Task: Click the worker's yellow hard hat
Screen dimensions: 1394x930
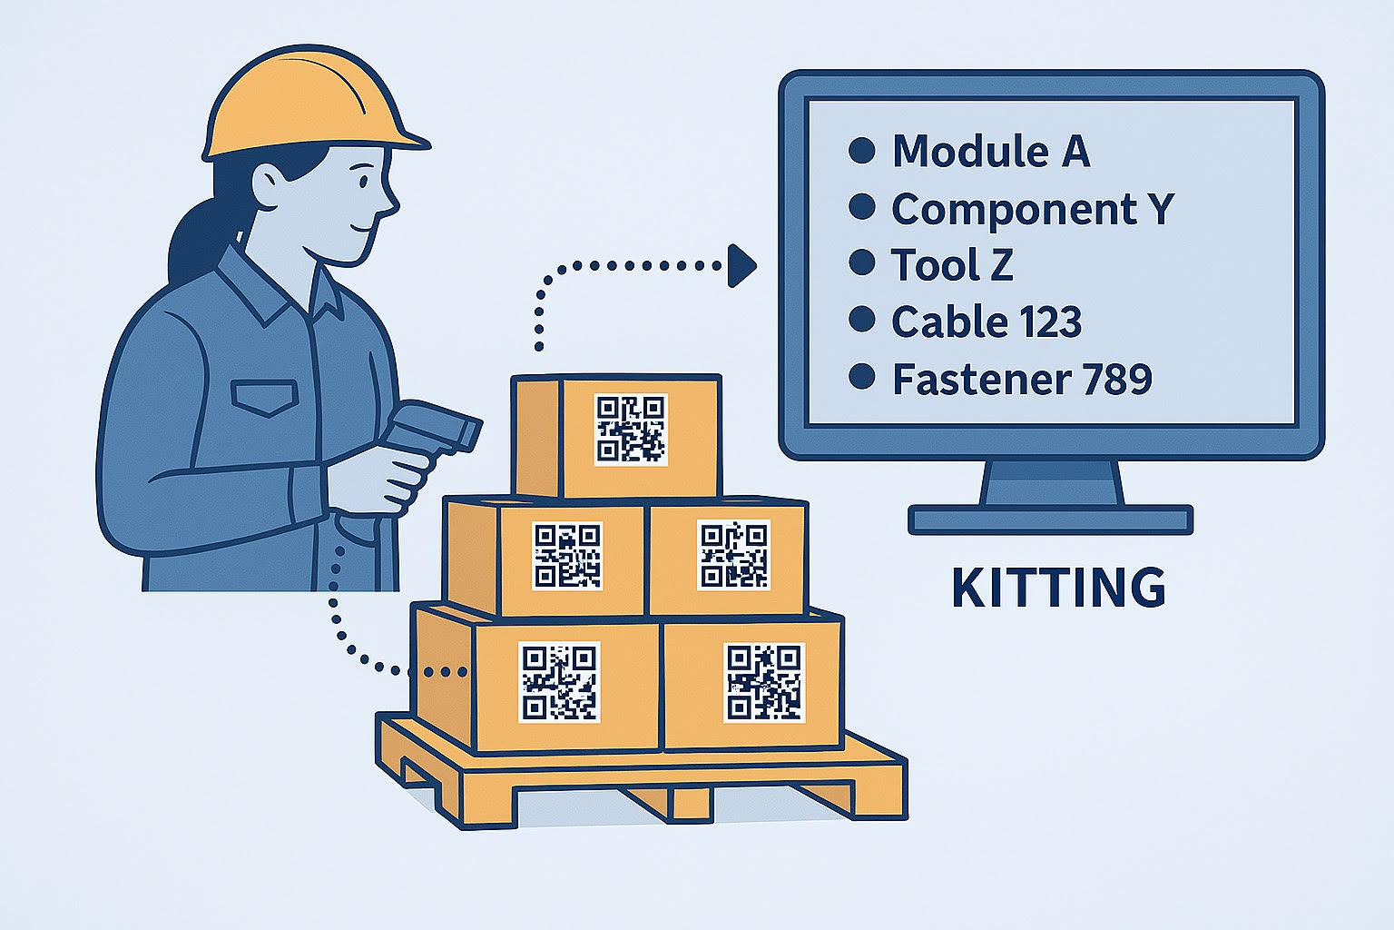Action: pyautogui.click(x=311, y=106)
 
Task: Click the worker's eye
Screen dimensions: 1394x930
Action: pyautogui.click(x=363, y=182)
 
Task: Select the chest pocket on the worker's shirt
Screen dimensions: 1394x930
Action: pyautogui.click(x=264, y=398)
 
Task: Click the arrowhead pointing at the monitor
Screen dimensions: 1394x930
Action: pyautogui.click(x=741, y=265)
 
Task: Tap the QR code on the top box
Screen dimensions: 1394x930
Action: pyautogui.click(x=631, y=430)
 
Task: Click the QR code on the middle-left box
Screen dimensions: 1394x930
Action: pyautogui.click(x=567, y=556)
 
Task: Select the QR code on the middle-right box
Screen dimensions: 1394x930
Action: pyautogui.click(x=733, y=555)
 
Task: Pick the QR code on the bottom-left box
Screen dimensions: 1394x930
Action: pyautogui.click(x=559, y=682)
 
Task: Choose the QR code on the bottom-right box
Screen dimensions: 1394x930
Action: pyautogui.click(x=764, y=683)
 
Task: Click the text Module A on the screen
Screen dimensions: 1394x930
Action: pyautogui.click(x=991, y=151)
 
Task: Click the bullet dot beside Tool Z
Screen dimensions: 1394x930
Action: pyautogui.click(x=862, y=262)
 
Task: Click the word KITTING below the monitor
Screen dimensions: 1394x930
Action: pyautogui.click(x=1058, y=588)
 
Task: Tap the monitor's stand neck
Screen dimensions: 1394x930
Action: pyautogui.click(x=1052, y=484)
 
